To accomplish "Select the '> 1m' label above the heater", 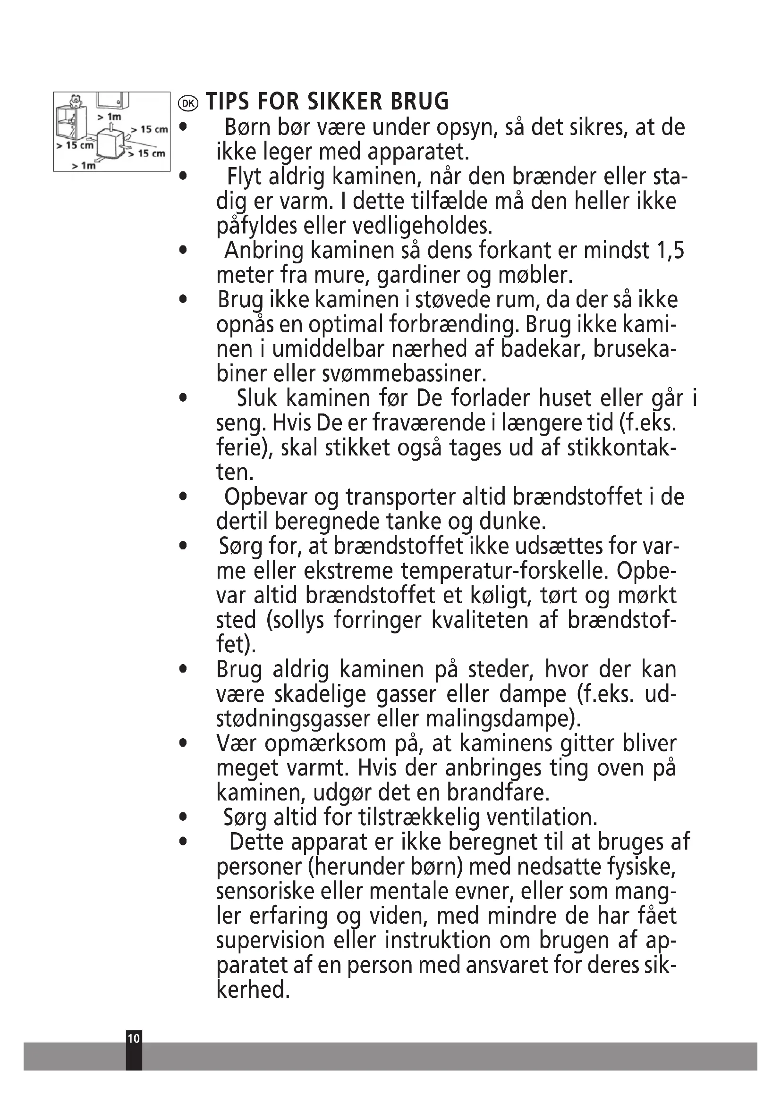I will tap(109, 117).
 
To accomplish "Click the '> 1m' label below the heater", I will tap(84, 165).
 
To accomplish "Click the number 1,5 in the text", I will tap(670, 251).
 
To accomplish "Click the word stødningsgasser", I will tap(294, 719).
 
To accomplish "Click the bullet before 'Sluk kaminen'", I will tap(182, 399).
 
